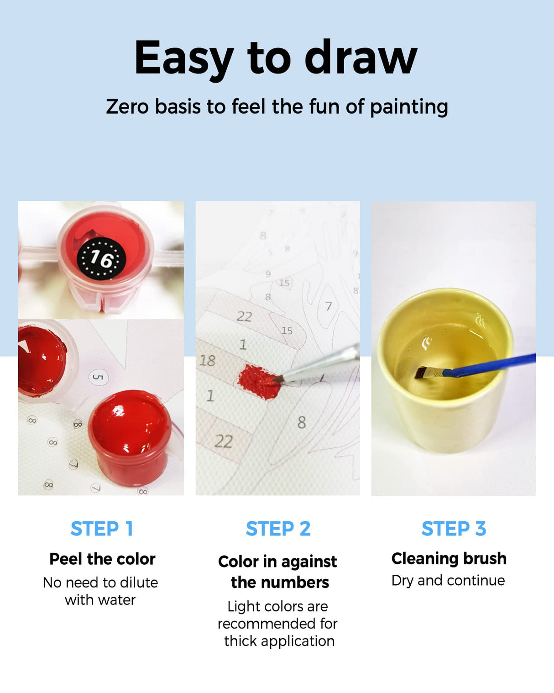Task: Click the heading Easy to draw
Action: (276, 59)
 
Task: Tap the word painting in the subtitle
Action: (409, 107)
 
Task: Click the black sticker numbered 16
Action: (101, 258)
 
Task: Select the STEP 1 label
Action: (102, 529)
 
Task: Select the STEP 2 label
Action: (278, 529)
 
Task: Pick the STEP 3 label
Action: (454, 529)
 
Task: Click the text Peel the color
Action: (102, 559)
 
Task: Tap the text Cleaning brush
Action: (449, 559)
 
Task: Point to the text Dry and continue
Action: (448, 581)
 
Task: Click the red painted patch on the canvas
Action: (258, 382)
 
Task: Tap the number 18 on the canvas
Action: (207, 361)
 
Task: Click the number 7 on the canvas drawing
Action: (329, 306)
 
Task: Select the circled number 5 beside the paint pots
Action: (98, 377)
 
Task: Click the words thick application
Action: (279, 641)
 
